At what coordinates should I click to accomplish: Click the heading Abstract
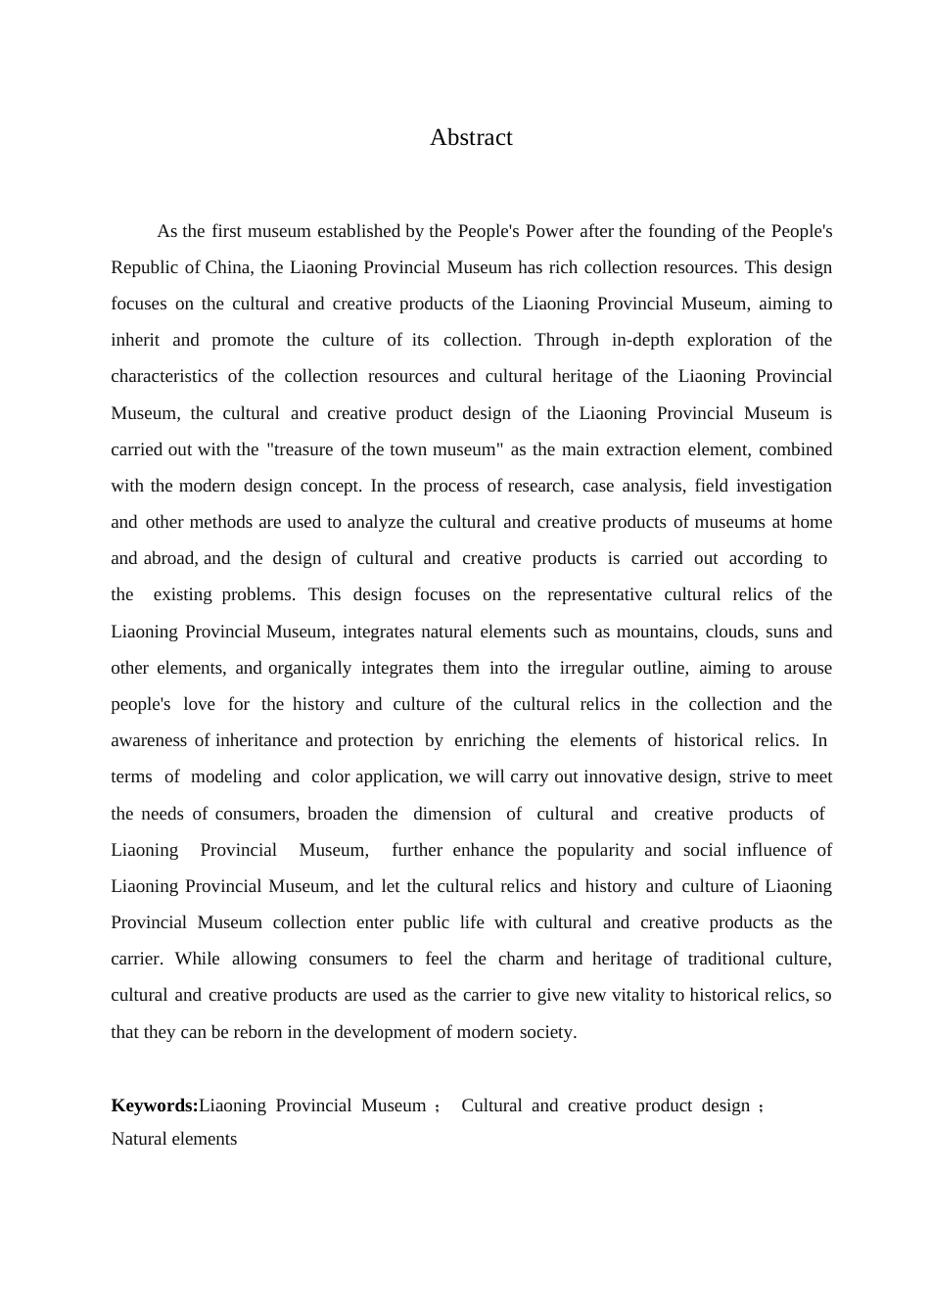coord(471,138)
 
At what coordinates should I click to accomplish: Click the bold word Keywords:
coord(155,1105)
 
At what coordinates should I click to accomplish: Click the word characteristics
coord(163,376)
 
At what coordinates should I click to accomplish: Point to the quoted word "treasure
coord(301,449)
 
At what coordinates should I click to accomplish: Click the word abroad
coord(169,558)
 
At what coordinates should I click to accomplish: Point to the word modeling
coord(225,776)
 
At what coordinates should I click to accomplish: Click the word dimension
coord(452,814)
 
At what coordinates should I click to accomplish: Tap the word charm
coord(521,959)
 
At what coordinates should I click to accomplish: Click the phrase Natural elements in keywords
coord(174,1139)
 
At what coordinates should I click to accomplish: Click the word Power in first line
coord(549,231)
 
